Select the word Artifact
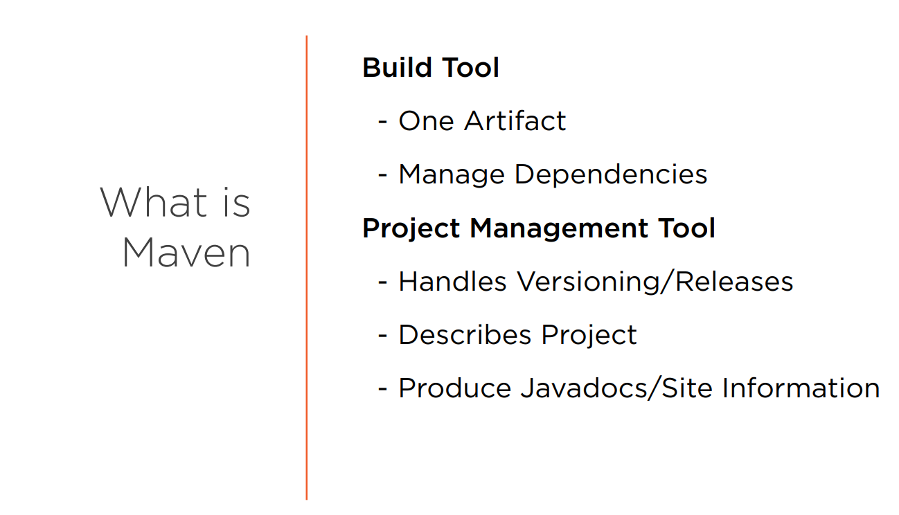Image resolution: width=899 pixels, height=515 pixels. coord(515,120)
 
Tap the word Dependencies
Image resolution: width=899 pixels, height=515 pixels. coord(611,175)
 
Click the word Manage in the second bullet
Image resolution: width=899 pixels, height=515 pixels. coord(452,175)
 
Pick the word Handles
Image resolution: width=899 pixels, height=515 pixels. coord(452,281)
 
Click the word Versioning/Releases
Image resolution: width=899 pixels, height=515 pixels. coord(655,281)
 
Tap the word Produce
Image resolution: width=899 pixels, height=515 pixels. coord(455,388)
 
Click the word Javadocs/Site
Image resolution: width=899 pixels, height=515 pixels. coord(616,388)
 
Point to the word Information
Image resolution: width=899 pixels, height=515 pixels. coord(801,388)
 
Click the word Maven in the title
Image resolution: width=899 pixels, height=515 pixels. coord(186,253)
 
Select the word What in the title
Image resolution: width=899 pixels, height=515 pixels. coord(154,203)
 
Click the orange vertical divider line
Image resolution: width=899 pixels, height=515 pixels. coord(307,267)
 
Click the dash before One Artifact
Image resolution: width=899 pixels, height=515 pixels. coord(382,121)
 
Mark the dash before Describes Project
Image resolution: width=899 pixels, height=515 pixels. coord(382,335)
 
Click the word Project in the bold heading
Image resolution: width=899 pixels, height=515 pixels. coord(411,228)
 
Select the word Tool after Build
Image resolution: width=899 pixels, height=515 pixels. coord(470,67)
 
